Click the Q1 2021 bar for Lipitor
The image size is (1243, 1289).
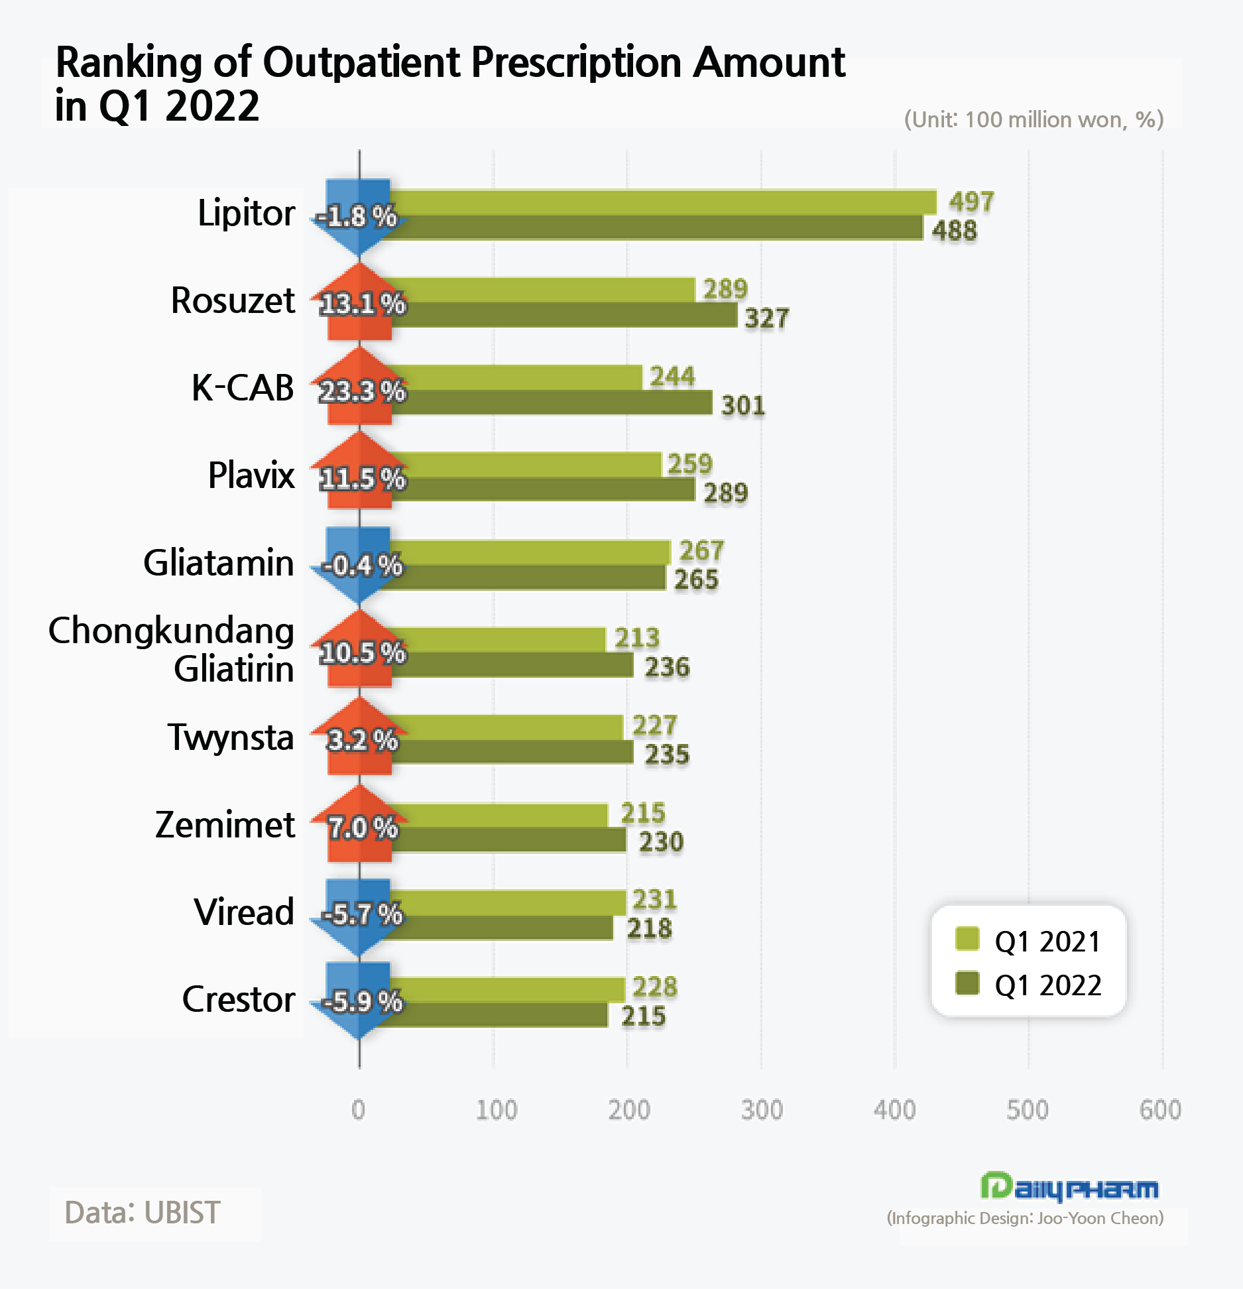click(663, 202)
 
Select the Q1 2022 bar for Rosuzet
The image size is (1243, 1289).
click(563, 315)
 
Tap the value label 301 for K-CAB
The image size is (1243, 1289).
click(742, 405)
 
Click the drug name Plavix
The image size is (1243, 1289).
click(251, 475)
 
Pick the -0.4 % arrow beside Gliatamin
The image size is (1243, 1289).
click(359, 566)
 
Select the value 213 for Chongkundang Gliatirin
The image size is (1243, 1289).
click(636, 638)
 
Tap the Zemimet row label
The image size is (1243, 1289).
click(225, 825)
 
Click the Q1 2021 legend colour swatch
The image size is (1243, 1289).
click(967, 939)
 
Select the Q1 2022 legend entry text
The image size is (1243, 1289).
click(1047, 985)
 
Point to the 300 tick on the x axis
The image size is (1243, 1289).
click(762, 1109)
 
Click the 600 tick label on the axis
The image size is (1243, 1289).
click(1160, 1109)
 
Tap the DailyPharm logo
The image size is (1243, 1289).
click(1069, 1188)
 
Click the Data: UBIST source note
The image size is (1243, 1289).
click(142, 1213)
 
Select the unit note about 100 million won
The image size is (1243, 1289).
click(1034, 120)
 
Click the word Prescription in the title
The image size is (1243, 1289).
click(575, 63)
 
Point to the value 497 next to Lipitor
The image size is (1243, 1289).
click(971, 202)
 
